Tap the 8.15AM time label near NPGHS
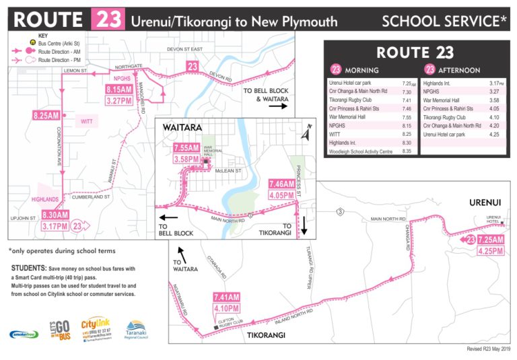[118, 89]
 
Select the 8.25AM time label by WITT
[46, 116]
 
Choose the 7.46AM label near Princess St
[282, 183]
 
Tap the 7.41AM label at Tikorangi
[227, 297]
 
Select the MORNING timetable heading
[361, 70]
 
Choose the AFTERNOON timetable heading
[458, 70]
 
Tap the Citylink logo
[94, 330]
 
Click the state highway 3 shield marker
[341, 212]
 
